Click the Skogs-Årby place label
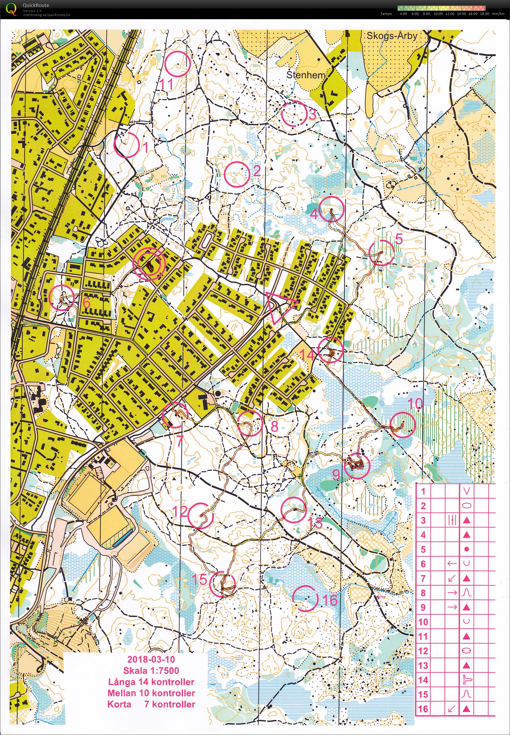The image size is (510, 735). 392,36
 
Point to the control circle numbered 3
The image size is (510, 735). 294,114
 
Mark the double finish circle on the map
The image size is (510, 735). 149,264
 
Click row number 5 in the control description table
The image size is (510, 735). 423,549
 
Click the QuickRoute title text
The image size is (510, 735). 36,5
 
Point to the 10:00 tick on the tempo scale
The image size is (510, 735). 438,14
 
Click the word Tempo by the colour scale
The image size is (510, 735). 386,14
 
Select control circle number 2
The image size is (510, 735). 237,174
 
